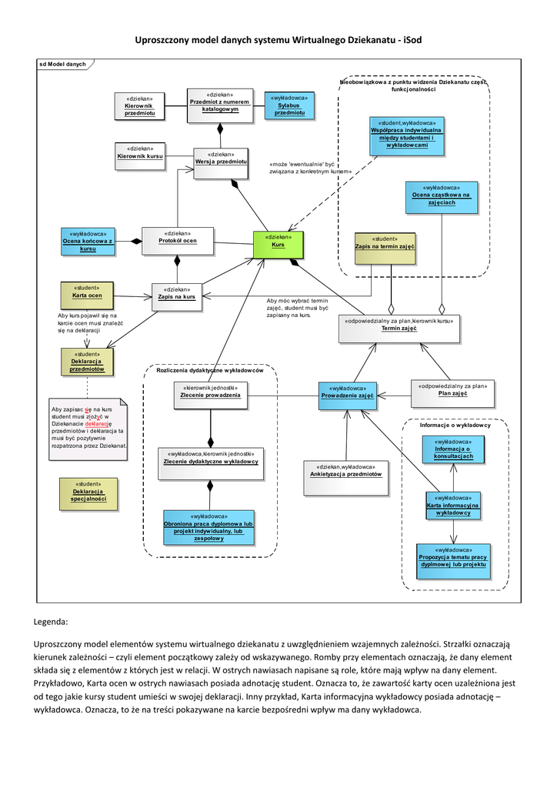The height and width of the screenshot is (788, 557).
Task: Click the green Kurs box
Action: coord(278,245)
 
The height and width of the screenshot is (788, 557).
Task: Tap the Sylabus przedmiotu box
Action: coord(289,105)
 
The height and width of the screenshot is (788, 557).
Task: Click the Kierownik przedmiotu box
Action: coord(140,107)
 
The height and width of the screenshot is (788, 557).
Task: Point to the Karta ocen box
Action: coord(87,295)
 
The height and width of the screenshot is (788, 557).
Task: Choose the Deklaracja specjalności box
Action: coord(88,492)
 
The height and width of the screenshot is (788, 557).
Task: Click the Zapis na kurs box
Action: coord(177,296)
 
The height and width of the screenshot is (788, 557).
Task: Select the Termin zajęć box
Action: coord(399,328)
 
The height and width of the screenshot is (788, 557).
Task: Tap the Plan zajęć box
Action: coord(453,392)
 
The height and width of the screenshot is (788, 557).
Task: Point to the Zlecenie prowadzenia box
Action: coord(210,395)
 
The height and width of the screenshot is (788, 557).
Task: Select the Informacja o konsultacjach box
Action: coord(453,449)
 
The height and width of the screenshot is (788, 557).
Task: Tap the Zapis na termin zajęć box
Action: coord(385,245)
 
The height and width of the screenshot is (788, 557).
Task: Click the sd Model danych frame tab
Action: coord(63,65)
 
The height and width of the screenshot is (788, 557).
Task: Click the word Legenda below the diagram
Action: coord(52,621)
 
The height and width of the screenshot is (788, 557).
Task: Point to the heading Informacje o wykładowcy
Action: coord(455,426)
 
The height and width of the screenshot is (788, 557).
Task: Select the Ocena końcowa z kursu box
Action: coord(88,242)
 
